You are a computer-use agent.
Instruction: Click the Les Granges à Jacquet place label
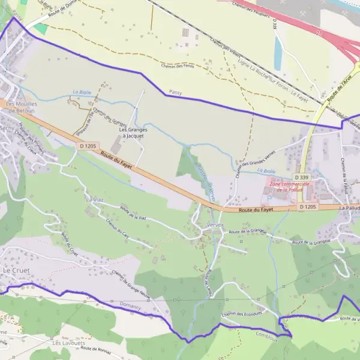tap(132, 133)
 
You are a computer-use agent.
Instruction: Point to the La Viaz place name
tap(95, 199)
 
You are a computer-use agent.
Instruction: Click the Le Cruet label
tap(16, 271)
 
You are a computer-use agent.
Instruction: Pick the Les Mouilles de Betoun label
tap(22, 107)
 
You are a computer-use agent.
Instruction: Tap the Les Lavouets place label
tap(65, 343)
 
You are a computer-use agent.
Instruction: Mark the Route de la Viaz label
tap(133, 213)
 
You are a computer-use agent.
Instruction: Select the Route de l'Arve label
tap(340, 86)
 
